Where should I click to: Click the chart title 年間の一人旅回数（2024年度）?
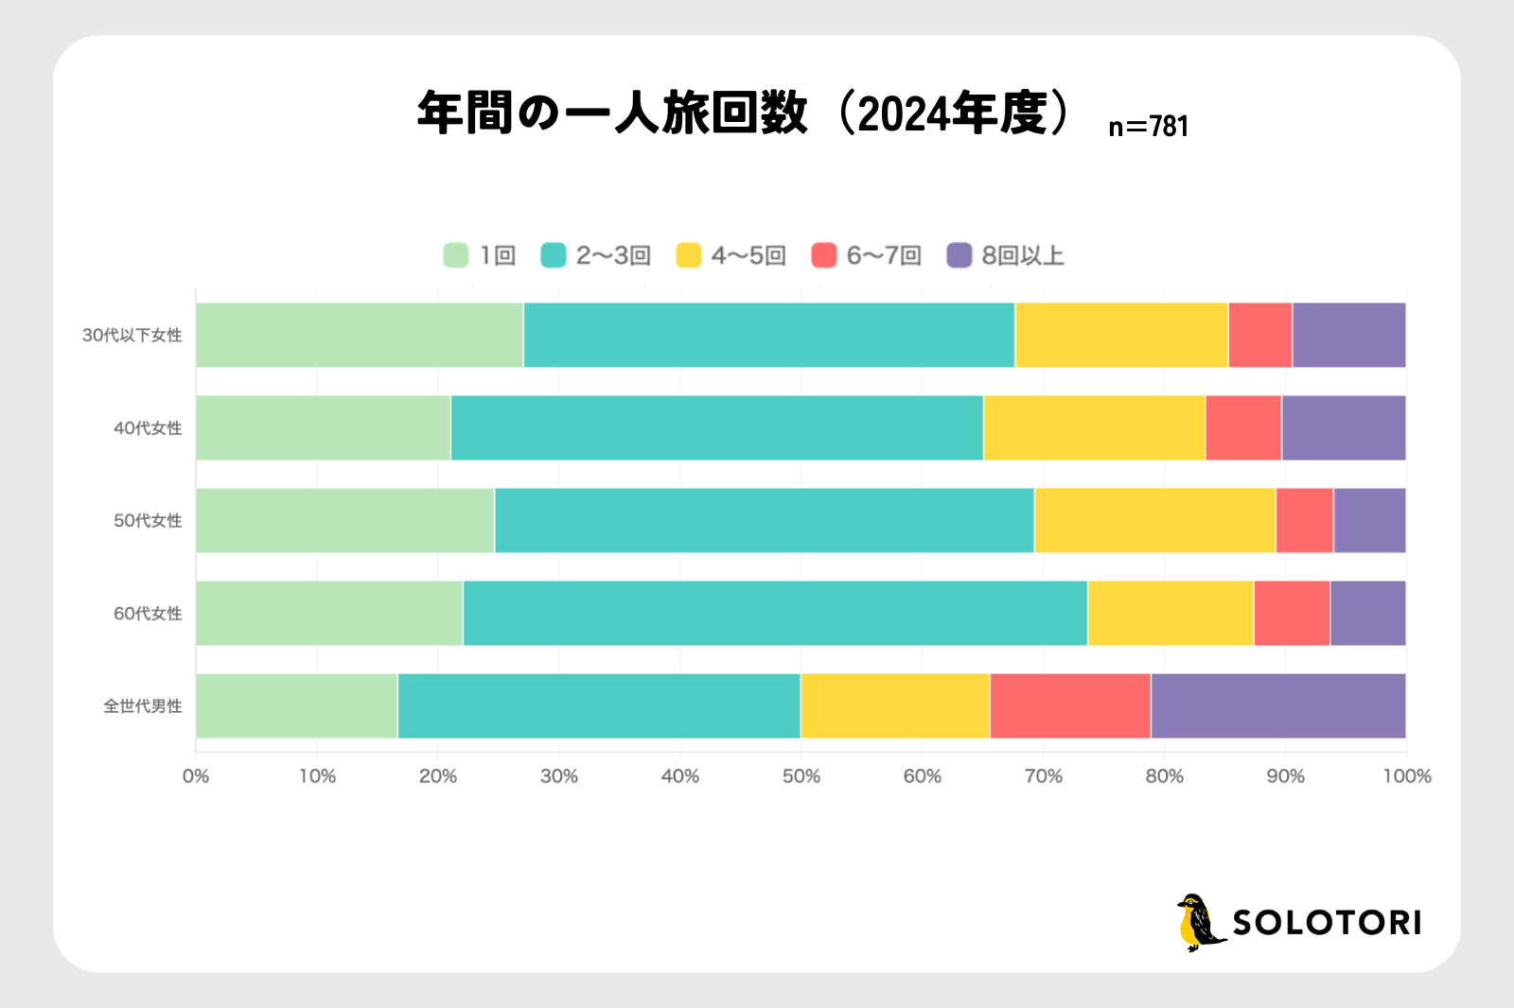pos(746,113)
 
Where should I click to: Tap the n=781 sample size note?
pos(1148,127)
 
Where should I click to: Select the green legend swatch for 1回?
pos(456,255)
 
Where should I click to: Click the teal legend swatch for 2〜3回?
pos(554,255)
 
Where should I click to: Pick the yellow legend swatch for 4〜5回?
pos(689,255)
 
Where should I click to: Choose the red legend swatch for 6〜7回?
pos(824,255)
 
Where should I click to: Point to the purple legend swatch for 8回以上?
pos(959,255)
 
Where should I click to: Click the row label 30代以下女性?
pos(132,336)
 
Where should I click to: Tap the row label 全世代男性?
pos(143,706)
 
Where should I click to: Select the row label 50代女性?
pos(148,521)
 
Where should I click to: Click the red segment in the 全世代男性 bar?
pos(1070,706)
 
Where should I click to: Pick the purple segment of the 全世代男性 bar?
pos(1277,706)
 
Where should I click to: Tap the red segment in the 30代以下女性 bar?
pos(1260,336)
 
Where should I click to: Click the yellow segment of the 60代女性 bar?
pos(1171,614)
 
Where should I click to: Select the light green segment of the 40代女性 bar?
pos(324,428)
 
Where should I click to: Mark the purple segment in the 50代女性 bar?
pos(1369,521)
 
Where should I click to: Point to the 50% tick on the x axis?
pos(801,776)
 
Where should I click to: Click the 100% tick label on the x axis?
pos(1407,776)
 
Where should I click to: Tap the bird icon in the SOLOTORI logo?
pos(1199,923)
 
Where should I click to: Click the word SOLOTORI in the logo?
pos(1327,923)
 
